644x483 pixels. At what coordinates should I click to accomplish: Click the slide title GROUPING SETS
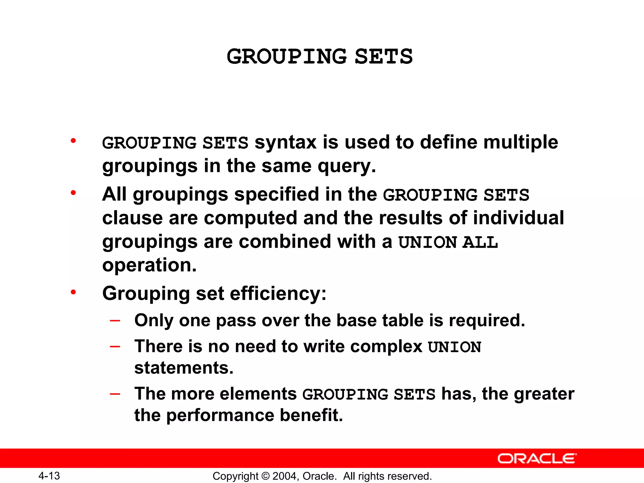(x=319, y=57)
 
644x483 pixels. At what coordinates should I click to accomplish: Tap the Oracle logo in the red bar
(x=537, y=458)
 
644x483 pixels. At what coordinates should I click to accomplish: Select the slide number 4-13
(x=49, y=476)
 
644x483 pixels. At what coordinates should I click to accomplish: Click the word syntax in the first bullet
(x=285, y=142)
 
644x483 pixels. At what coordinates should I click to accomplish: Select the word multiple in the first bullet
(x=520, y=142)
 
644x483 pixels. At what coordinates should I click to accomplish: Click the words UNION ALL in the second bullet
(x=448, y=242)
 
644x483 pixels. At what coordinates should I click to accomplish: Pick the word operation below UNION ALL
(x=149, y=265)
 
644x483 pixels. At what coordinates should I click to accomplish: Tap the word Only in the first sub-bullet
(x=154, y=321)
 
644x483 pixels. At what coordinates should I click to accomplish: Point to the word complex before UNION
(x=386, y=347)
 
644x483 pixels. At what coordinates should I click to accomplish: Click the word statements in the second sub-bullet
(x=184, y=368)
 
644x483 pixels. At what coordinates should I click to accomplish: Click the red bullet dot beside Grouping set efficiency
(x=73, y=292)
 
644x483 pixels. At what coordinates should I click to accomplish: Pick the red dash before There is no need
(x=115, y=347)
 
